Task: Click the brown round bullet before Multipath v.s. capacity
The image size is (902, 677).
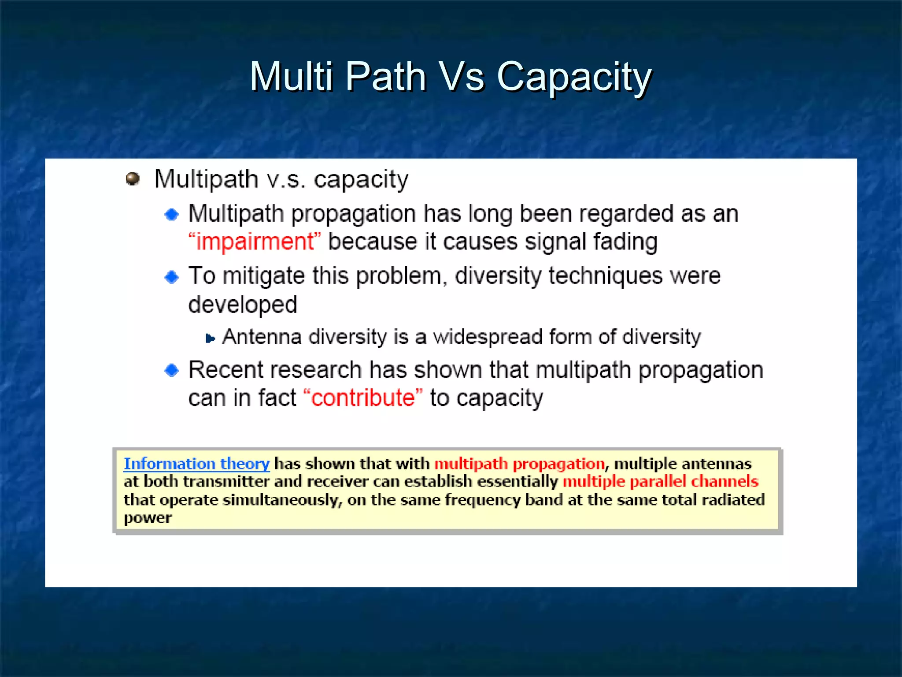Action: click(x=133, y=179)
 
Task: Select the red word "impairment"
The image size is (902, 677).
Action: click(x=255, y=242)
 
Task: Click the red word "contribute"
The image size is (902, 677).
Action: click(x=363, y=398)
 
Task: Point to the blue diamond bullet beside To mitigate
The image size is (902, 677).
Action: click(x=171, y=277)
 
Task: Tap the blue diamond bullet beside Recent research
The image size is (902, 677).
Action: click(x=171, y=370)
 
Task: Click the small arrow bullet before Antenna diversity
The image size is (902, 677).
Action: click(x=210, y=338)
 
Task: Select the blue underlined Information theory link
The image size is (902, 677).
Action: click(x=196, y=464)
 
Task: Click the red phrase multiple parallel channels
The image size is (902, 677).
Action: click(x=660, y=481)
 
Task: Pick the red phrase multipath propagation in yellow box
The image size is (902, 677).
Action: click(x=520, y=464)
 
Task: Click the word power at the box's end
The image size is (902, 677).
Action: click(x=148, y=517)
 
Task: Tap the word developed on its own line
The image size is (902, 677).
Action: click(x=243, y=305)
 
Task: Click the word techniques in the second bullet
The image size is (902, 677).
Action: click(x=605, y=276)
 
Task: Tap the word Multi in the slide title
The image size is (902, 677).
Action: click(x=291, y=77)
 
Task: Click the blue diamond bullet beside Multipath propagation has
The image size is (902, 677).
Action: click(x=171, y=215)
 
